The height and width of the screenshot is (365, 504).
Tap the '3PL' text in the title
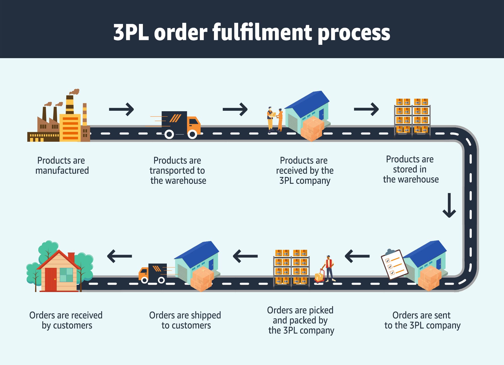click(131, 32)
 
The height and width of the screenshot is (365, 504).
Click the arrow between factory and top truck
click(121, 109)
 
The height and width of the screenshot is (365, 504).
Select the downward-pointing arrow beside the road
click(449, 205)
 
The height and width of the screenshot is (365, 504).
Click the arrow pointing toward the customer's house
click(119, 256)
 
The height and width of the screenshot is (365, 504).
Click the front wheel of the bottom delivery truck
click(144, 280)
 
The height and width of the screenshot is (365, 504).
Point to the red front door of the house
click(51, 279)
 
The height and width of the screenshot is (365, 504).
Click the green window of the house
click(66, 275)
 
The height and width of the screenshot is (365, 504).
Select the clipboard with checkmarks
click(394, 265)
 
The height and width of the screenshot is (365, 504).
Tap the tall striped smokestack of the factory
click(70, 104)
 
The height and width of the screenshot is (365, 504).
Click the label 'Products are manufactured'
click(62, 165)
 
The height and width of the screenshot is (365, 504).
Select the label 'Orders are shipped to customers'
click(185, 320)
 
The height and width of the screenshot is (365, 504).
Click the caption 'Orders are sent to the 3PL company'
click(422, 320)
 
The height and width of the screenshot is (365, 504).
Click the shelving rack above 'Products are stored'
click(412, 117)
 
